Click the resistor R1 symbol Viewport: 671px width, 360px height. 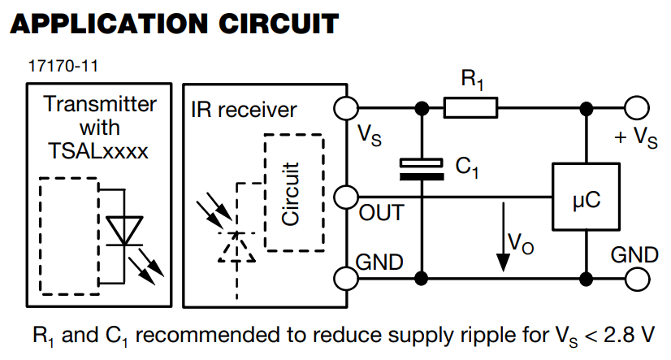[470, 107]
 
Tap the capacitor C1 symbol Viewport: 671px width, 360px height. [422, 169]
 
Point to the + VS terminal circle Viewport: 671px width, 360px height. [636, 107]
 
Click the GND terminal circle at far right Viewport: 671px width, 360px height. [636, 278]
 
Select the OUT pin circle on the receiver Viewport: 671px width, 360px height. [346, 197]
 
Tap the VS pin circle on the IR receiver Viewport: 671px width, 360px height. [346, 107]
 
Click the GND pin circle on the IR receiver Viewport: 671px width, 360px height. [346, 278]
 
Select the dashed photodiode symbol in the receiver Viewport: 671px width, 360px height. [236, 248]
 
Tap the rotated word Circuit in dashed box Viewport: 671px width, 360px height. [290, 194]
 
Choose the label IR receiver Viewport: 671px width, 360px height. [244, 109]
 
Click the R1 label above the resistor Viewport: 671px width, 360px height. [473, 80]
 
